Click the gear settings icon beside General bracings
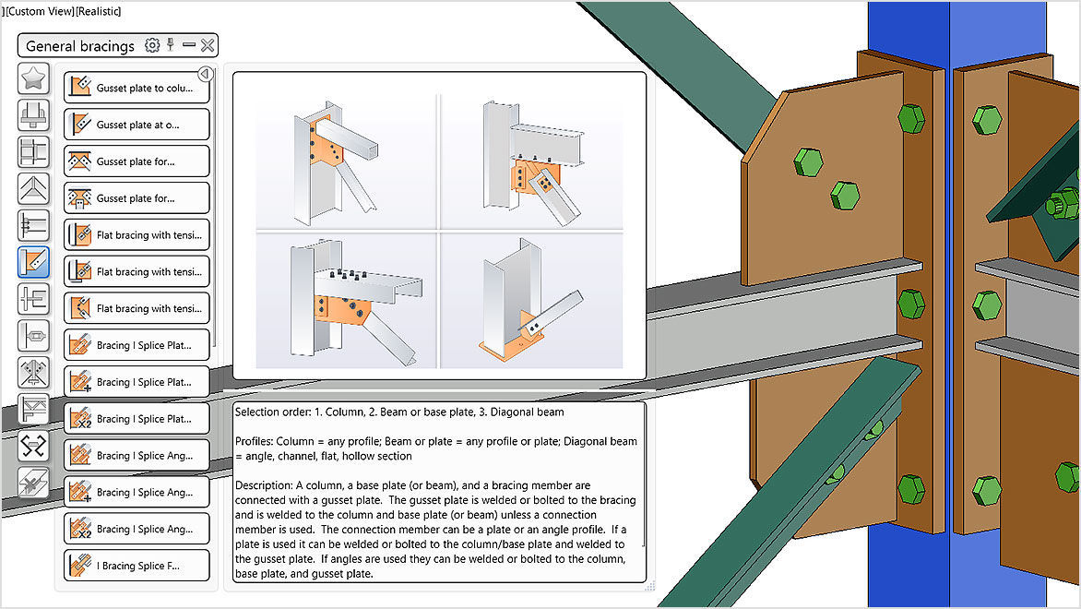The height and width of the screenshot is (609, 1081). point(152,45)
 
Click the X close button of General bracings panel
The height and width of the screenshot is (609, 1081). point(208,45)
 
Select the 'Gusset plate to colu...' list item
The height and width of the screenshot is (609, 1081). point(137,88)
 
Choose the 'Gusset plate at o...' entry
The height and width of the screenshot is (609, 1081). point(137,125)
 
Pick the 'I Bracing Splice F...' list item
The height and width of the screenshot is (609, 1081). point(137,566)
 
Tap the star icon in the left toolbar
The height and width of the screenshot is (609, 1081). point(33,79)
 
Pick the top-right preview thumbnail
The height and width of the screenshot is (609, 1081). point(532,161)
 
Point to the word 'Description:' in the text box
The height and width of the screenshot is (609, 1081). point(264,484)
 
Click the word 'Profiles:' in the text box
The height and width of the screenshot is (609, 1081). point(255,441)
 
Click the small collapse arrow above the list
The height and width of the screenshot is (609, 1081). point(205,74)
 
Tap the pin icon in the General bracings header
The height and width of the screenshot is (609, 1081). point(171,44)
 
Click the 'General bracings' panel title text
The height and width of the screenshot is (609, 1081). point(80,46)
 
